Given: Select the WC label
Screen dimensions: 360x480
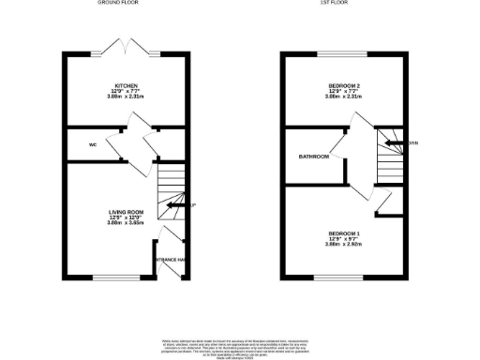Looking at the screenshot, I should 93,145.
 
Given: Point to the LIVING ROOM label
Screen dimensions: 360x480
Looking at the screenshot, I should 125,213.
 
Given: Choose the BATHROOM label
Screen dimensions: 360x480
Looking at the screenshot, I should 314,157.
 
